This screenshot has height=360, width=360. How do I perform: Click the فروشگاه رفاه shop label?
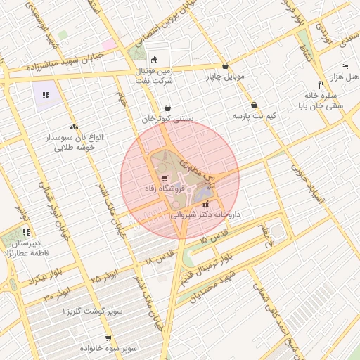[162, 190]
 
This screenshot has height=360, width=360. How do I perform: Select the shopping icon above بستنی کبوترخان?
[167, 108]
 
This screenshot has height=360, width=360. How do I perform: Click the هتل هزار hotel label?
[344, 75]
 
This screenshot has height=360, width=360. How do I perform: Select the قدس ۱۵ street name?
[211, 236]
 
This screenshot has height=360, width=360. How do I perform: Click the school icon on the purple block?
[46, 95]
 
